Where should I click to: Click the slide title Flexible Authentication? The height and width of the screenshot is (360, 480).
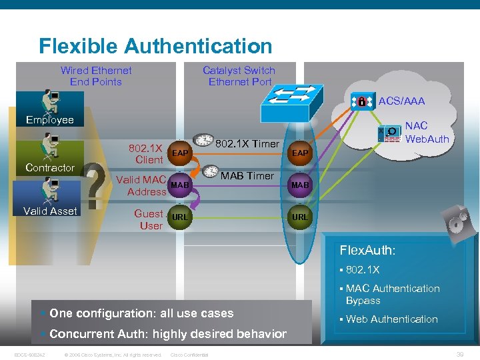155,46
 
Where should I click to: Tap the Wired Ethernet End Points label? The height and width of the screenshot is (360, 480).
96,76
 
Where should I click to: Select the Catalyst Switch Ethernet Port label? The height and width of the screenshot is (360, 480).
239,76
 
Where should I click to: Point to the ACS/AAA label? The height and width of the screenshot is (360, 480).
401,101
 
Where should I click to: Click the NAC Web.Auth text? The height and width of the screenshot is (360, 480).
427,132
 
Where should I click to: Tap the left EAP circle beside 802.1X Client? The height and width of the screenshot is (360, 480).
179,153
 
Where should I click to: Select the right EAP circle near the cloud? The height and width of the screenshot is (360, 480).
300,153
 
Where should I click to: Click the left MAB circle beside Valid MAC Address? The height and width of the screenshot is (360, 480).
179,185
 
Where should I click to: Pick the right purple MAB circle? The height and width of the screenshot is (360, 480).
300,185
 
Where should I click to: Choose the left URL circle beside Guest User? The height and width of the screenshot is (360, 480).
179,217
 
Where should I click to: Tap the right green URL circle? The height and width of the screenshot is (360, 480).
300,217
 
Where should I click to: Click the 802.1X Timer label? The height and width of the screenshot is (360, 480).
248,143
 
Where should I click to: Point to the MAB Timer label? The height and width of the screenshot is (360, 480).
247,175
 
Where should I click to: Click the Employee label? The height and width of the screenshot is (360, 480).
49,120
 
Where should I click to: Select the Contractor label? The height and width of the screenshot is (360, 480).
49,167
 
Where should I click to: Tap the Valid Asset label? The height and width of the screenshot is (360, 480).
50,211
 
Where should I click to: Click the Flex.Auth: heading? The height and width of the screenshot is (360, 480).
367,251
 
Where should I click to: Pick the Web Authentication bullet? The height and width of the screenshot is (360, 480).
391,319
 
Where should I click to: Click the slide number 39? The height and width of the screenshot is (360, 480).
459,353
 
